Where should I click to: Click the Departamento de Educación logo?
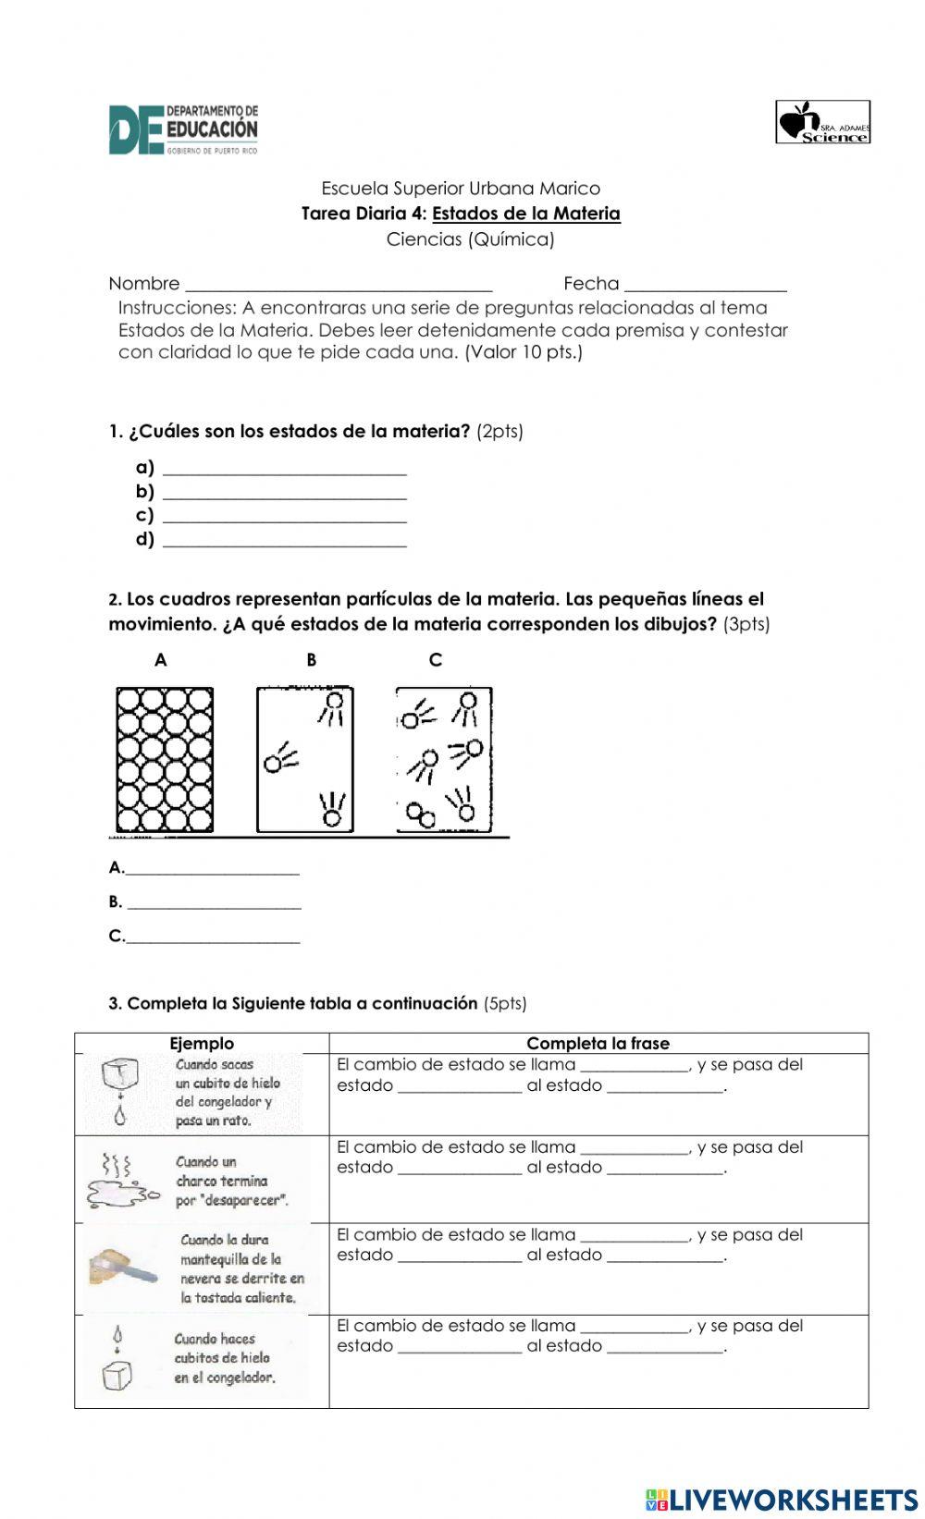(183, 129)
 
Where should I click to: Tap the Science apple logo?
(822, 122)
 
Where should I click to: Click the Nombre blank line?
(339, 285)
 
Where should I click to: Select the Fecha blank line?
(705, 285)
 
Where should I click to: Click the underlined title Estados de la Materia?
(525, 214)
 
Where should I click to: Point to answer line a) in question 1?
(284, 469)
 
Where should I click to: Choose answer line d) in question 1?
(284, 541)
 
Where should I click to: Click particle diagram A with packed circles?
(165, 760)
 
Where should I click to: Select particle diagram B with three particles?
(304, 760)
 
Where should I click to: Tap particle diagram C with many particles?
(444, 760)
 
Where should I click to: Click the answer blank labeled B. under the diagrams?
(214, 903)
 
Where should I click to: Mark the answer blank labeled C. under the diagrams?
(213, 937)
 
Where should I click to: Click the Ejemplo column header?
(202, 1043)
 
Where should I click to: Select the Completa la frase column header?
(598, 1043)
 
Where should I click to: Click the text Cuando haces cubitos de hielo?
(224, 1357)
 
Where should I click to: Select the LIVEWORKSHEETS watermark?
(782, 1499)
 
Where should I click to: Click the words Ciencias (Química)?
(470, 239)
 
